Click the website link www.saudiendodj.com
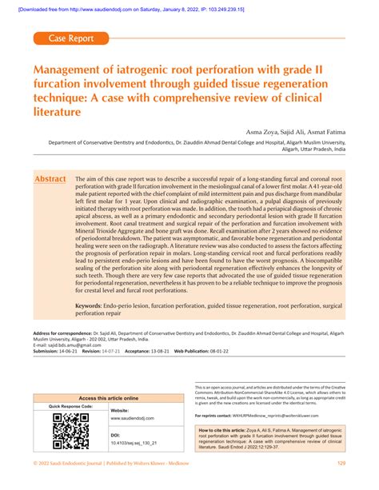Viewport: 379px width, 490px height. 133,418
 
